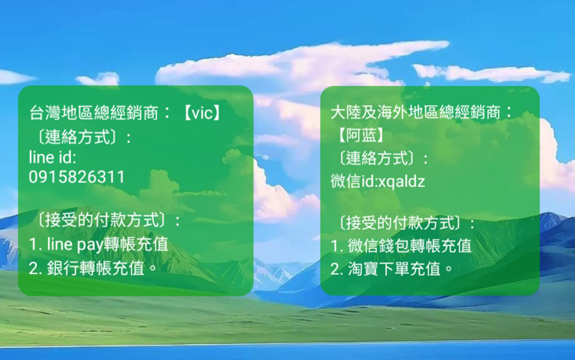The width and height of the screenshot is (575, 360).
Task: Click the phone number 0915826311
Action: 77,177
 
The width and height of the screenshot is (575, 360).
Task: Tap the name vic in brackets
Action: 202,113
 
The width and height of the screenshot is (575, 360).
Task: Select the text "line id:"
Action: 52,157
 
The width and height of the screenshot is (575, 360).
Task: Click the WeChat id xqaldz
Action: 401,181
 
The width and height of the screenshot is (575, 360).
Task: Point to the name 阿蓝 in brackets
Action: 361,135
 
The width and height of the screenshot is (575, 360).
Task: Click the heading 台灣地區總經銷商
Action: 94,113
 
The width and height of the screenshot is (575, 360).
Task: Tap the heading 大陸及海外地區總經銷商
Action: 415,112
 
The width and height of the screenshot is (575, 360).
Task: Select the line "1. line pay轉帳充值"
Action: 98,244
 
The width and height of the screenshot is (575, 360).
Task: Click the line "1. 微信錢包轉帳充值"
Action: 401,246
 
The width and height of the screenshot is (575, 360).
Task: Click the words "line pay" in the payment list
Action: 75,244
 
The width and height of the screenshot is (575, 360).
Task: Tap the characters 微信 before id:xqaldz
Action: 345,181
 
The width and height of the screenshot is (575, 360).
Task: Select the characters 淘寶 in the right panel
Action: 363,269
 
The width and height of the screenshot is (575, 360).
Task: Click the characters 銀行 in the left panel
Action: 62,269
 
